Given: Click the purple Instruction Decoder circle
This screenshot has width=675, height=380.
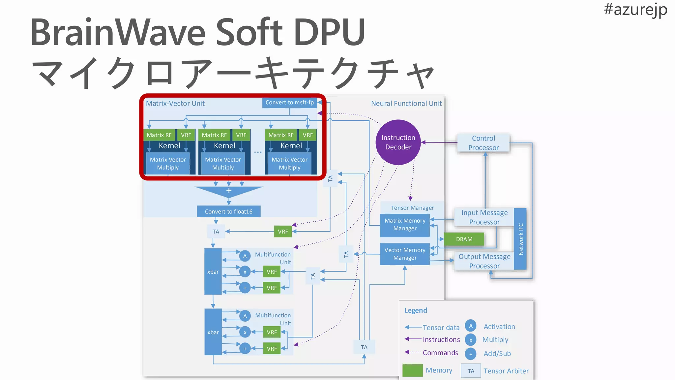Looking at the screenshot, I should tap(398, 142).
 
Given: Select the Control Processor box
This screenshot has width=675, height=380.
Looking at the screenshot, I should tap(483, 143).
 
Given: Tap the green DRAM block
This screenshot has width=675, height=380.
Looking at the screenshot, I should tap(464, 239).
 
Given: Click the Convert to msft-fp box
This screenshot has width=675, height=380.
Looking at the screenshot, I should tap(289, 103).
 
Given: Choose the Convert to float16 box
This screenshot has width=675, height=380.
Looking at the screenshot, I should tap(228, 211).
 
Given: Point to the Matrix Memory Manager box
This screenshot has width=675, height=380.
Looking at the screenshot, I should tap(405, 225).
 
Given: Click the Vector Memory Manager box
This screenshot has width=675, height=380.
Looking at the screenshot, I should tap(405, 254).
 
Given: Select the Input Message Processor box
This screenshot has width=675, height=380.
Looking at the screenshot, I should tap(484, 217).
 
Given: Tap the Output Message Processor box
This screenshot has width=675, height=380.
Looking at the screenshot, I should tap(484, 261).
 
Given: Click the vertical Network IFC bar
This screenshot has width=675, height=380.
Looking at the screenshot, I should tap(520, 239).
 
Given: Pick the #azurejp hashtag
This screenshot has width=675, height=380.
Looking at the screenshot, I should tap(635, 9).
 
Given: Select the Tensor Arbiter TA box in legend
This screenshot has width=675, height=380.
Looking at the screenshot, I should tap(471, 371).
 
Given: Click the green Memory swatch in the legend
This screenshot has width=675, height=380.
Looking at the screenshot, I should tap(412, 370).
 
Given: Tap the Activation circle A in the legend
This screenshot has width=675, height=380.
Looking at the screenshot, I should tap(470, 326).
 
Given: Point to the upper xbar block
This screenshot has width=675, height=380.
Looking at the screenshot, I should tap(213, 271).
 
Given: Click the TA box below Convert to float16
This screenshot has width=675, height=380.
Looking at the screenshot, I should tap(216, 232).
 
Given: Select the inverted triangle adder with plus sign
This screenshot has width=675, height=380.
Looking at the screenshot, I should tap(229, 191).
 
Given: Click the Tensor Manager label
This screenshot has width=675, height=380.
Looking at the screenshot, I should tap(412, 208).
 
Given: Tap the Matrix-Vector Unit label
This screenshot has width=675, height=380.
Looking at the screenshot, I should tap(175, 104).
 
